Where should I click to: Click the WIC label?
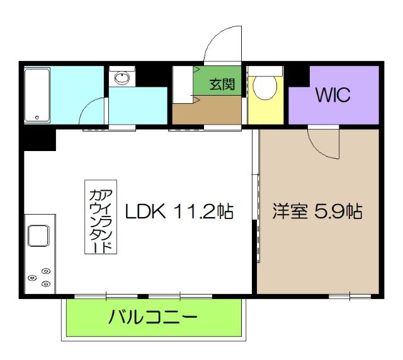point(333,96)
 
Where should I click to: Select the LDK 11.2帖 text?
point(179,211)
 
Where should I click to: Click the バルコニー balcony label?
point(153,317)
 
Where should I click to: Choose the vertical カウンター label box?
point(101,217)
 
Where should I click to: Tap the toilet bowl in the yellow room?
point(265,88)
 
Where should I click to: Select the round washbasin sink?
point(122,77)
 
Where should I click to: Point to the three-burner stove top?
point(39,277)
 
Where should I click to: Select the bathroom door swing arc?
point(93,114)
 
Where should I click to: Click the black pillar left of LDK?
point(39,139)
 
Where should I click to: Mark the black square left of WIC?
point(298,76)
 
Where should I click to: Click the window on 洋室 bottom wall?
point(349,295)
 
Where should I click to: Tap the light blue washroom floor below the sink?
point(139,106)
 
